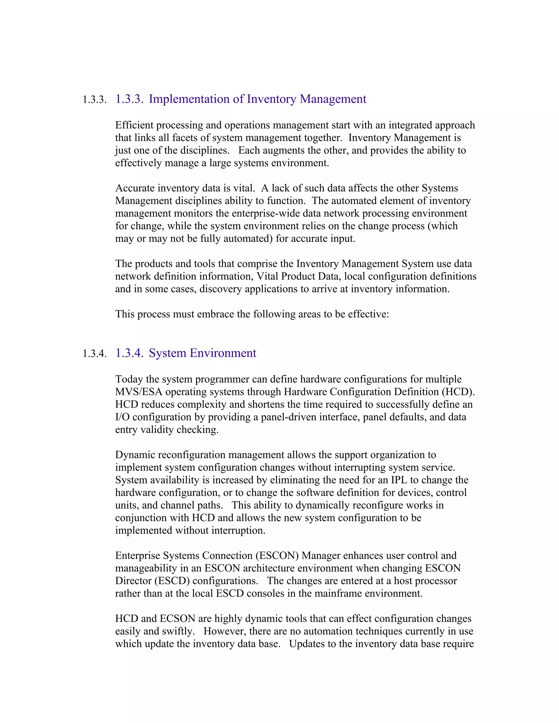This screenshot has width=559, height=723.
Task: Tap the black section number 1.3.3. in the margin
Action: tap(94, 100)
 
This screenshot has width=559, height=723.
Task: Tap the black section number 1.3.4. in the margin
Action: tap(94, 354)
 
